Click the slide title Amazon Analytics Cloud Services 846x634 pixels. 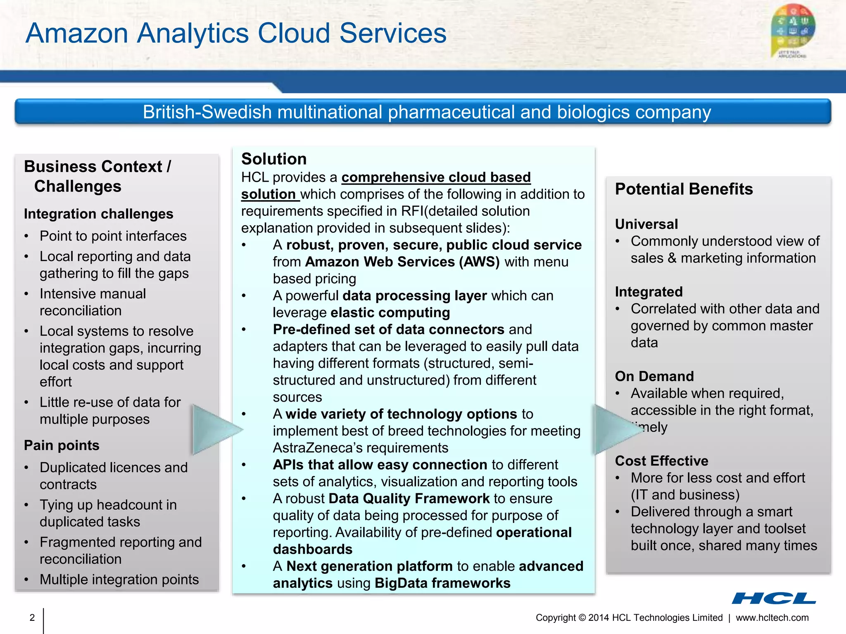(236, 33)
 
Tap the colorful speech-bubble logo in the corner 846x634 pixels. (793, 31)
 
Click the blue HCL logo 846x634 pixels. (774, 598)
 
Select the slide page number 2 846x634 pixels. (32, 617)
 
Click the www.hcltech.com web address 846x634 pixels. (772, 617)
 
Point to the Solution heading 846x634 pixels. (274, 159)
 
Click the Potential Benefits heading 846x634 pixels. (684, 189)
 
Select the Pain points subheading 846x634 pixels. (62, 445)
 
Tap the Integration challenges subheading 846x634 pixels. (98, 214)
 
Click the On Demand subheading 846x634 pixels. (654, 376)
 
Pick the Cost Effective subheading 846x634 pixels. (661, 461)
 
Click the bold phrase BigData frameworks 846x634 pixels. (442, 583)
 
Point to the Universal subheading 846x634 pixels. (646, 224)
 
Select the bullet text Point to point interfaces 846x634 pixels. (113, 236)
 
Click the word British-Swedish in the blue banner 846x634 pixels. (207, 112)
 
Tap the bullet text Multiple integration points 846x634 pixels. (119, 580)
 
